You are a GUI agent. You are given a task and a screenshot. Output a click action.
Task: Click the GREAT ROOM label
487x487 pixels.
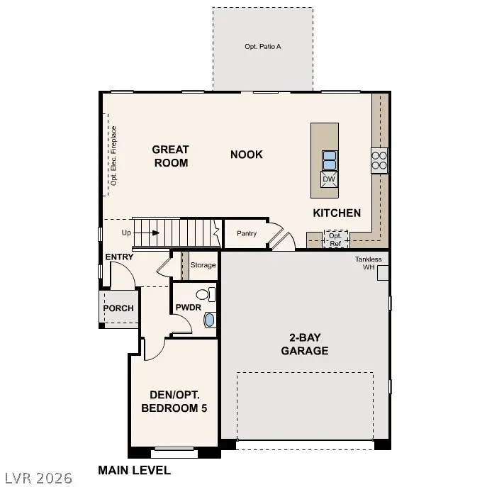point(171,156)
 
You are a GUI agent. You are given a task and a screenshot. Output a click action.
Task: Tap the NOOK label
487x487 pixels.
point(246,155)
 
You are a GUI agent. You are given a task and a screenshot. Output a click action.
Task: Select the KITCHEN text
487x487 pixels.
point(337,213)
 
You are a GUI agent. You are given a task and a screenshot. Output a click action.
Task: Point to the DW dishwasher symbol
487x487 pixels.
point(328,179)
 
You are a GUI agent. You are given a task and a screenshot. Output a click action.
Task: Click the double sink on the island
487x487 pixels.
point(329,160)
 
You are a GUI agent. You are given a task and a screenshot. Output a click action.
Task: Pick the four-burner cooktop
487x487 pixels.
point(379,159)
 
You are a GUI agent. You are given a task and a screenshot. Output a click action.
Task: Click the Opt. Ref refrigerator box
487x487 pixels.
point(335,239)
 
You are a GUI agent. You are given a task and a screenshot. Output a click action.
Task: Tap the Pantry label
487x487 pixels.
point(247,233)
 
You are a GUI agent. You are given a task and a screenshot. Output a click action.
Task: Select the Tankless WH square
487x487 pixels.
point(384,274)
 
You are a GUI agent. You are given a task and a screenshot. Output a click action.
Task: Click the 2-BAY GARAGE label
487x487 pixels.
point(304,345)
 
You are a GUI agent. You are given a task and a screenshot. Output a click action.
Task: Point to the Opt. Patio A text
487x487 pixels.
point(263,47)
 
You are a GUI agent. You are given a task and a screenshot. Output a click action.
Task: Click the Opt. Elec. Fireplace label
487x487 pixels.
point(113,156)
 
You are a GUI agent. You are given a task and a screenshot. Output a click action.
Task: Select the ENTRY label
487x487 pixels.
point(118,257)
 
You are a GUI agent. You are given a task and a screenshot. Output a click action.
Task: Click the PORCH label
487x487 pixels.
point(118,308)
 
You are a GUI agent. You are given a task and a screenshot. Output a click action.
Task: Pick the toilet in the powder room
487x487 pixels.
point(203,294)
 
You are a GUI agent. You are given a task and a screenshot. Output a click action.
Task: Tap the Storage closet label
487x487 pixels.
point(203,265)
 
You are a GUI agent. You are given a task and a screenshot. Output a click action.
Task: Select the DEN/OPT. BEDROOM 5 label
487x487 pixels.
point(174,401)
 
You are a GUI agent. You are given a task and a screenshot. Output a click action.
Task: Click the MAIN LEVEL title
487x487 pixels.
point(134,470)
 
